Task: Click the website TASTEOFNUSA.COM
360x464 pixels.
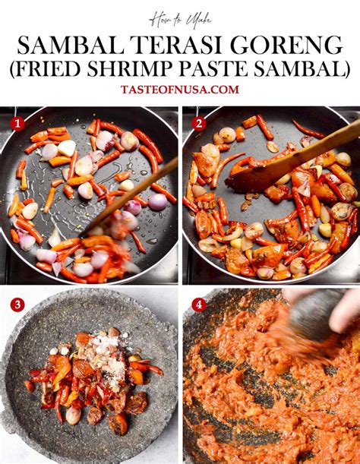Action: (x=180, y=90)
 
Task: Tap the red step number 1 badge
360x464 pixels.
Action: (x=17, y=124)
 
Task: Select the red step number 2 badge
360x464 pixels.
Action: (x=199, y=124)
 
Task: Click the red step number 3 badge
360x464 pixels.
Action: (x=17, y=305)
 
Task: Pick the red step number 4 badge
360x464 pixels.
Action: (x=199, y=305)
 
